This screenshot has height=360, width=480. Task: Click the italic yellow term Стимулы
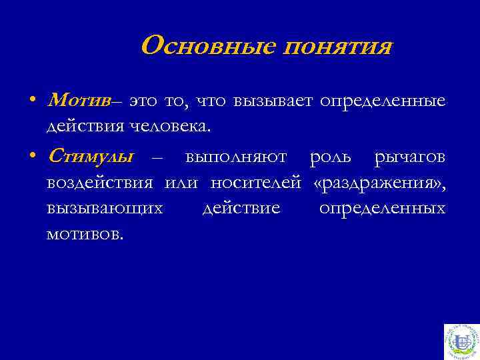pos(91,157)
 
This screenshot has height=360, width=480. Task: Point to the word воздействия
pos(100,183)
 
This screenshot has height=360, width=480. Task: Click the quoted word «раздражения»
pos(379,183)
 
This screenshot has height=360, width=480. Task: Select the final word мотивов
pos(85,233)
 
